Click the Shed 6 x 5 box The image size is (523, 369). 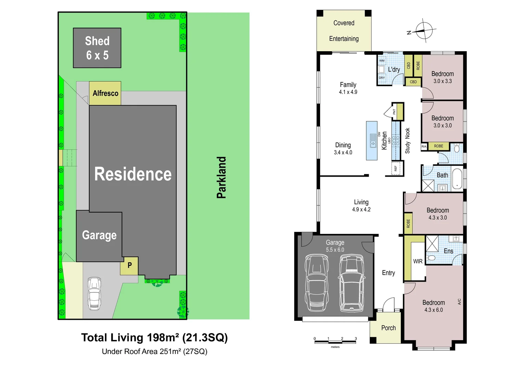(97, 48)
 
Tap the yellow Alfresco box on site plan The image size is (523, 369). (105, 93)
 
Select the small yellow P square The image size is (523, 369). (129, 265)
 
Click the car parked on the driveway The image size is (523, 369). (94, 293)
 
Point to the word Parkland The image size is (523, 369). (222, 177)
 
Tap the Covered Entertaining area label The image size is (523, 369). (344, 31)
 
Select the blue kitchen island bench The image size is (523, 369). (372, 140)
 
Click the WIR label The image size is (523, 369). (418, 261)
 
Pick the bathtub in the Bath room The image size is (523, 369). (457, 178)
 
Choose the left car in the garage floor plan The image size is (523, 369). (316, 283)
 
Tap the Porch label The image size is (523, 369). (388, 328)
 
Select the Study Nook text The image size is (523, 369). (407, 141)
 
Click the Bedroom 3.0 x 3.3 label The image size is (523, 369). (442, 77)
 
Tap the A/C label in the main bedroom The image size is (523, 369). (459, 302)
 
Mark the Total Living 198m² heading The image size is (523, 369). (154, 338)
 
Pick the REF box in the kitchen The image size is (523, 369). (396, 168)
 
